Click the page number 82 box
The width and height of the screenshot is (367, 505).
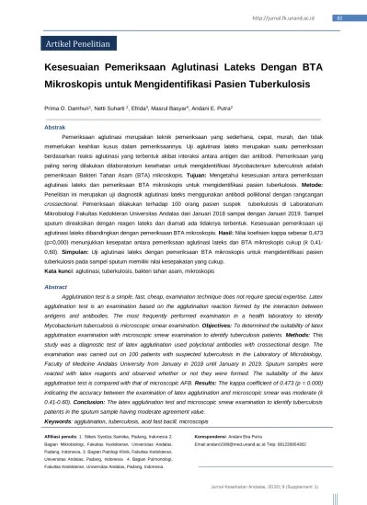pyautogui.click(x=339, y=17)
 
